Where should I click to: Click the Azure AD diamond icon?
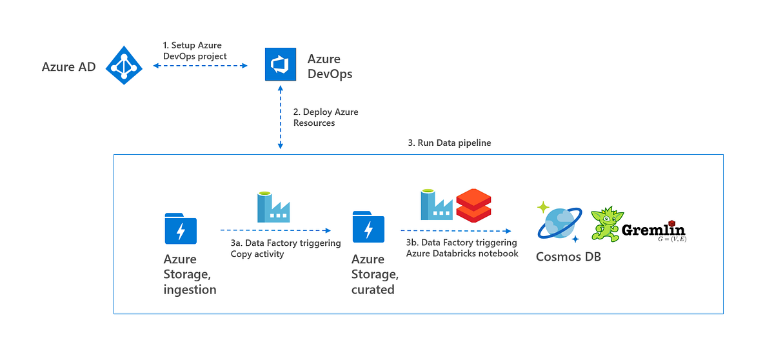pyautogui.click(x=124, y=65)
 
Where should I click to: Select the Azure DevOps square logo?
pyautogui.click(x=281, y=65)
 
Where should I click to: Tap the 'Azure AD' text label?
pyautogui.click(x=68, y=66)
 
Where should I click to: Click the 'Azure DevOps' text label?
pyautogui.click(x=330, y=66)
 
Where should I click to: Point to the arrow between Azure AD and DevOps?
pyautogui.click(x=201, y=66)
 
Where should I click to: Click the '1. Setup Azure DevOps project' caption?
pyautogui.click(x=194, y=51)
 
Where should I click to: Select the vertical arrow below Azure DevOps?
pyautogui.click(x=280, y=118)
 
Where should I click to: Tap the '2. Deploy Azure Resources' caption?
pyautogui.click(x=325, y=117)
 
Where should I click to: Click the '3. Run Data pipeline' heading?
pyautogui.click(x=449, y=143)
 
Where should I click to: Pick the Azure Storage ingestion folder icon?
pyautogui.click(x=181, y=228)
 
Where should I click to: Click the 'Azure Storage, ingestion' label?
pyautogui.click(x=190, y=274)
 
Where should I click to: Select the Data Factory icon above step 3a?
pyautogui.click(x=273, y=207)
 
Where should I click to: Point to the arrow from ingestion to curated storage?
pyautogui.click(x=275, y=230)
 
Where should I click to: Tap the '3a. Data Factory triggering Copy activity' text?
pyautogui.click(x=285, y=248)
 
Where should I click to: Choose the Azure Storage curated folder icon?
pyautogui.click(x=368, y=228)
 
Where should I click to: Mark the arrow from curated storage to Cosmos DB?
pyautogui.click(x=456, y=230)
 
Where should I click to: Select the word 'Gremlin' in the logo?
pyautogui.click(x=653, y=230)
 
